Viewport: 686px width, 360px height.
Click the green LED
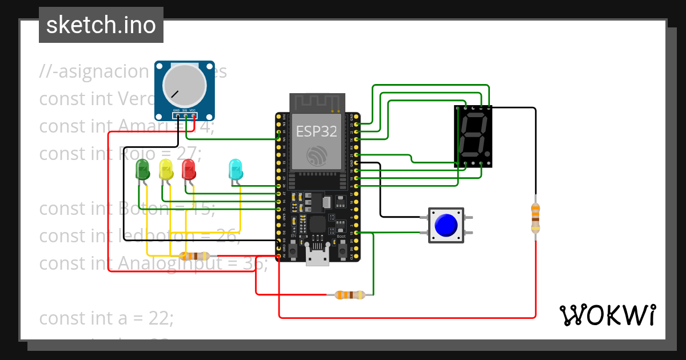[x=142, y=170]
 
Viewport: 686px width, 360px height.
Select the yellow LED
[x=166, y=170]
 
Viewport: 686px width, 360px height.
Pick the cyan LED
[x=235, y=170]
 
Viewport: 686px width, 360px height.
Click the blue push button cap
[x=445, y=225]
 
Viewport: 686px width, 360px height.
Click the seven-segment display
[x=473, y=136]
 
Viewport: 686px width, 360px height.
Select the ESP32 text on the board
[x=316, y=131]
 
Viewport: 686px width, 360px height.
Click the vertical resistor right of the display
[x=535, y=218]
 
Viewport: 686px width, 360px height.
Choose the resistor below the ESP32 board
[x=349, y=295]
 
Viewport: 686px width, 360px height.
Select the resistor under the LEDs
[x=194, y=256]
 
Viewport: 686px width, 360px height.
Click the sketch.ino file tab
[x=101, y=25]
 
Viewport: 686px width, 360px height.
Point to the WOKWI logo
[x=607, y=315]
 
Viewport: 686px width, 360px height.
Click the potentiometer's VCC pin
[x=194, y=116]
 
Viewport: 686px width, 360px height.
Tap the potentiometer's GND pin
[x=177, y=116]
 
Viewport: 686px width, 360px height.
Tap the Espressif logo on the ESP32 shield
[x=316, y=157]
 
